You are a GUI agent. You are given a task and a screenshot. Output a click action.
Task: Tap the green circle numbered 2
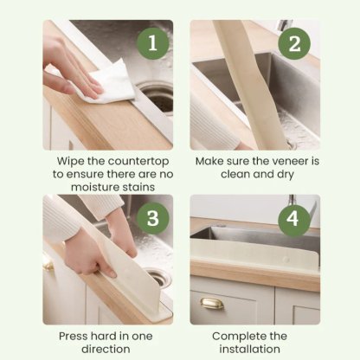tap(297, 43)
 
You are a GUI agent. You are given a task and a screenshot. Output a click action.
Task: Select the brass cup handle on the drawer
tap(213, 305)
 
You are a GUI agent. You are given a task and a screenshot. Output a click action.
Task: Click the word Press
tap(74, 335)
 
